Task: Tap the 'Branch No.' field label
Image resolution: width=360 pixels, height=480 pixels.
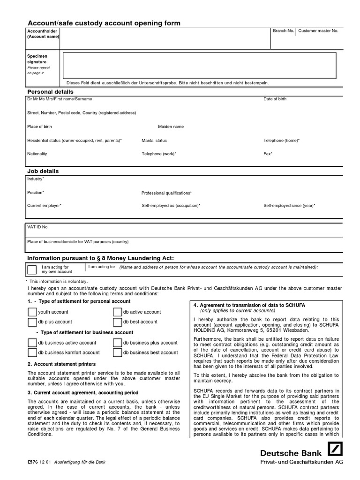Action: click(x=284, y=31)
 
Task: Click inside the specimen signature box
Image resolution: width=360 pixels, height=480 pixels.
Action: click(x=200, y=65)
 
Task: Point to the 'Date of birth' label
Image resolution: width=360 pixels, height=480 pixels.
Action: click(x=275, y=99)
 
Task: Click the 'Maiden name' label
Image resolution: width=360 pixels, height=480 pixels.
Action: click(x=171, y=127)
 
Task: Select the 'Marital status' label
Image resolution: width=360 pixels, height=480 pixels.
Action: click(x=154, y=141)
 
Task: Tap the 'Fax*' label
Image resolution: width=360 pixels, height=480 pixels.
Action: click(x=268, y=154)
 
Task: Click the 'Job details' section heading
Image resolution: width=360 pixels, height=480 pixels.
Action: click(x=43, y=172)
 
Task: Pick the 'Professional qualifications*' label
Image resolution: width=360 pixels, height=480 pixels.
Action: click(x=166, y=193)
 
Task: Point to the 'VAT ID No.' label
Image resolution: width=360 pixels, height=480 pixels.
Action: click(x=38, y=227)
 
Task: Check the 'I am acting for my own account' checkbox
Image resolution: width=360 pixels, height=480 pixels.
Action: click(x=32, y=270)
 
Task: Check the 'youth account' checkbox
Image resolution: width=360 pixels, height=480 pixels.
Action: click(x=32, y=312)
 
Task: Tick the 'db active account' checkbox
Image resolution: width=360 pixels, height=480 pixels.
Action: click(x=117, y=312)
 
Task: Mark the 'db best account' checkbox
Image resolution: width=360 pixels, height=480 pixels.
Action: click(x=117, y=322)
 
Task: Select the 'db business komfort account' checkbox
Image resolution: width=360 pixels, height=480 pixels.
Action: click(x=32, y=353)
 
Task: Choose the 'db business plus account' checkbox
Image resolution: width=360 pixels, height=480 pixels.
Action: click(x=117, y=343)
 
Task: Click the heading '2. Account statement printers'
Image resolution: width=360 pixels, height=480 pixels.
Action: click(x=61, y=364)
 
